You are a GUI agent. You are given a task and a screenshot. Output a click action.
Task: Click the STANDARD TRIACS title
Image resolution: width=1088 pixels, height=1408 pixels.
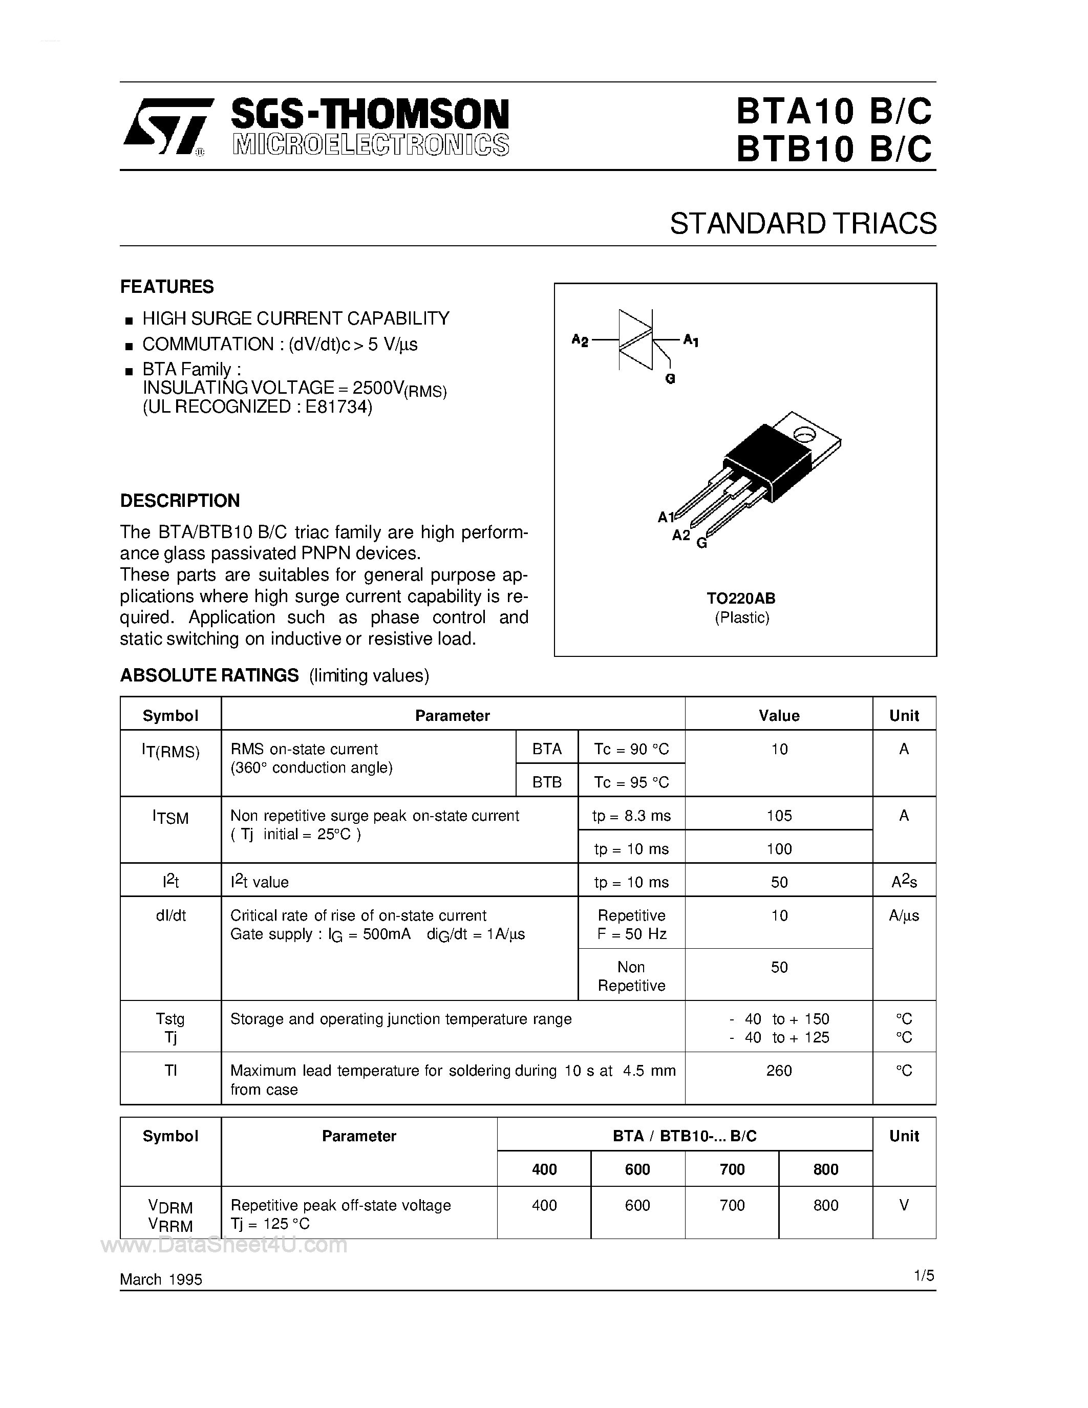802,224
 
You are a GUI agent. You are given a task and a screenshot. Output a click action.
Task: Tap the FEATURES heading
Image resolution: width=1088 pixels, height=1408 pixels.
167,286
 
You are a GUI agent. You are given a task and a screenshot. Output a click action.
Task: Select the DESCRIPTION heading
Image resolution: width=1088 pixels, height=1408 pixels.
180,500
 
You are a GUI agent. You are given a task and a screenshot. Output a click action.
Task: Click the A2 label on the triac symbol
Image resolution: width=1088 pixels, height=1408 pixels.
580,340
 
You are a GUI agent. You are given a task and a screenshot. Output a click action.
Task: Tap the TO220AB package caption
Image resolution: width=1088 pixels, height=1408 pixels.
741,598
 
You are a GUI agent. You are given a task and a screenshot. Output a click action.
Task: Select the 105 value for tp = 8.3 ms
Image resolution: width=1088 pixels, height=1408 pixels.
779,816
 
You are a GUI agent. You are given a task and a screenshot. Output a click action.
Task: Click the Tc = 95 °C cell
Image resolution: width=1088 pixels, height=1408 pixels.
631,782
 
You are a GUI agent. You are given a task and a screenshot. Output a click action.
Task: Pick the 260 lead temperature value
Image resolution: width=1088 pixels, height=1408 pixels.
779,1070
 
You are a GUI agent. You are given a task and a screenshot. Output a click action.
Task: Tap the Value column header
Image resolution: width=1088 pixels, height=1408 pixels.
779,716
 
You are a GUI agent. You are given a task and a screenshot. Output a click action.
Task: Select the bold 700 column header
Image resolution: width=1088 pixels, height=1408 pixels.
732,1169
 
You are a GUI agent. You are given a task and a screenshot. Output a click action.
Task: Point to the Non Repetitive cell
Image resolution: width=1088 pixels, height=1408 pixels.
631,976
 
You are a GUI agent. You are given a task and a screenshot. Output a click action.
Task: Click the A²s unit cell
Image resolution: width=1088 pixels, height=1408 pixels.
904,882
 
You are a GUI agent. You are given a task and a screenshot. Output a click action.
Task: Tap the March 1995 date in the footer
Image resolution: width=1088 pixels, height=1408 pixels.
161,1279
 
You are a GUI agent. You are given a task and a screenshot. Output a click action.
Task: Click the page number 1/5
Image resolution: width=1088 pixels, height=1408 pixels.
923,1275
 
